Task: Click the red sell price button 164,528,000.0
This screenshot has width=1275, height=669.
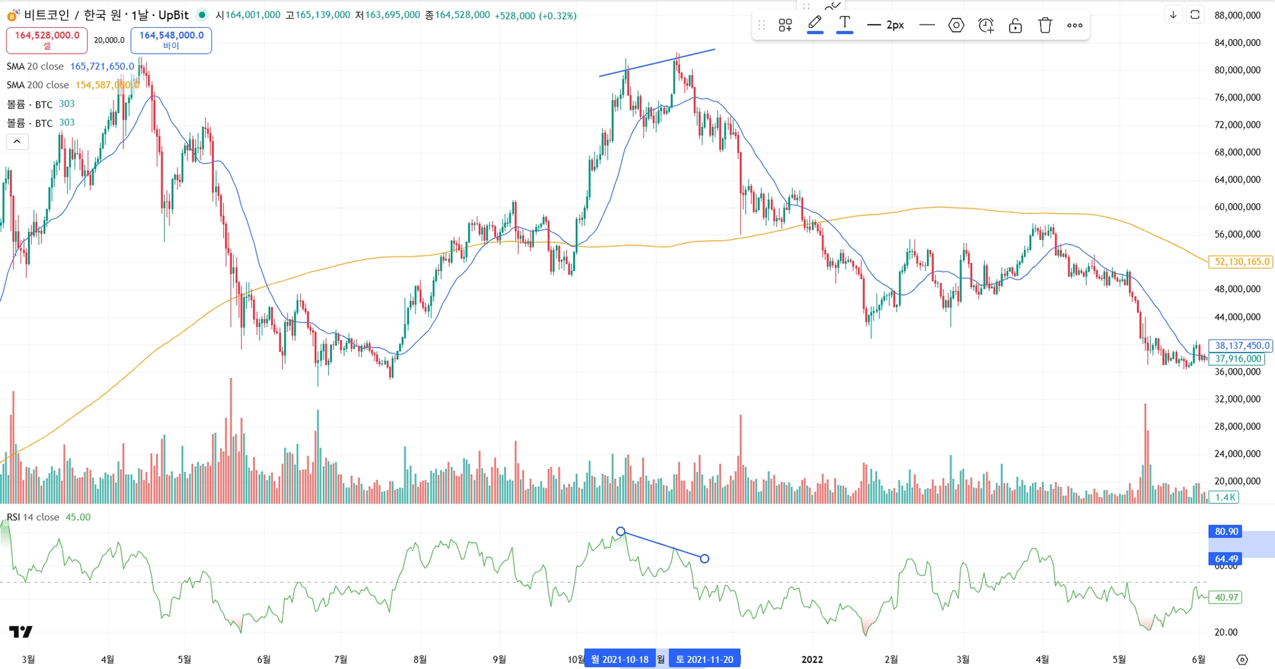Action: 46,40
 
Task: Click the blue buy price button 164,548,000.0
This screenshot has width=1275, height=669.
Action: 171,40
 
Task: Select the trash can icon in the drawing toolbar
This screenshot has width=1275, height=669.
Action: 1045,26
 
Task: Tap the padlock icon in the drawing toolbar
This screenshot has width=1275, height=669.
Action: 1015,26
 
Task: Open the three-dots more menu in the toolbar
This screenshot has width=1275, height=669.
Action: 1074,26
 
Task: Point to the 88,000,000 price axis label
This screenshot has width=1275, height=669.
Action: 1237,15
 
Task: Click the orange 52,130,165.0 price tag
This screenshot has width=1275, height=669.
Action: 1241,262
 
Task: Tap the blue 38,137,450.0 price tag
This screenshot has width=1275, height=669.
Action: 1241,345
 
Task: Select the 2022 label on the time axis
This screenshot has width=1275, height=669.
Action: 812,659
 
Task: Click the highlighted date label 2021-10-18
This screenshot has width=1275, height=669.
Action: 620,659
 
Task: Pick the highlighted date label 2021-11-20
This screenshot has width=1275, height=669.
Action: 705,659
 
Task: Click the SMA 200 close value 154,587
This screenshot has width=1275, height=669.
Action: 107,85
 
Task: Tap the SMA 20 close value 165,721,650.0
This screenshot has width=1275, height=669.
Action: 102,66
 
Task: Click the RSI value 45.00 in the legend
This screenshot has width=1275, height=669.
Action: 78,517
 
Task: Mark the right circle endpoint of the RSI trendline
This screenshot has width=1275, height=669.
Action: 705,559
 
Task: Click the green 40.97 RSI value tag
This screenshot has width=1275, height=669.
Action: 1226,597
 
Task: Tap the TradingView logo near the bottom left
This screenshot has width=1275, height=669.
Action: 21,631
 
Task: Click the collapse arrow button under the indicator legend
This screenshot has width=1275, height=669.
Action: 17,142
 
